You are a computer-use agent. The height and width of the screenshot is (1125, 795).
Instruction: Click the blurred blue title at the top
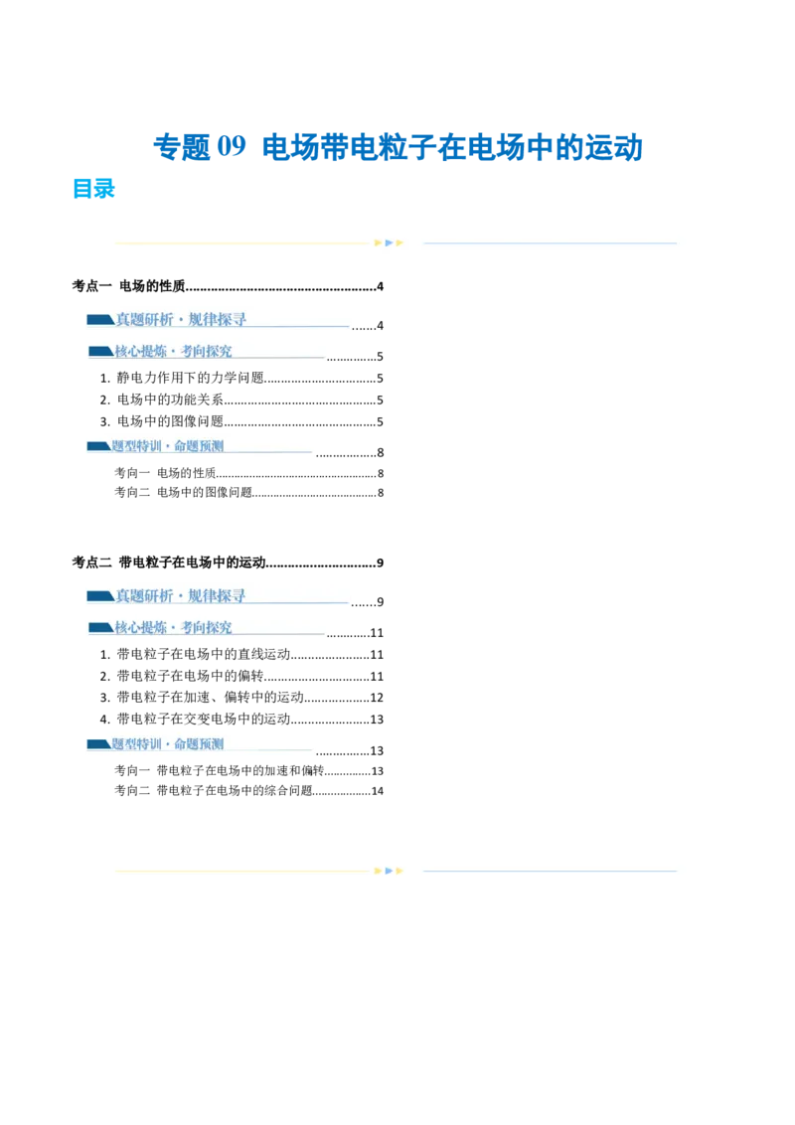397,147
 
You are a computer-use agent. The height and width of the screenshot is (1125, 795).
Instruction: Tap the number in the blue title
232,147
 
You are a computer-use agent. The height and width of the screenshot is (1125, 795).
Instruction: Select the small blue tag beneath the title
94,190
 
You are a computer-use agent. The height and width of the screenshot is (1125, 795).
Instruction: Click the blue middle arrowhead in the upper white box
390,242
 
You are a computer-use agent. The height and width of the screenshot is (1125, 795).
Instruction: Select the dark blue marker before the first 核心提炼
99,351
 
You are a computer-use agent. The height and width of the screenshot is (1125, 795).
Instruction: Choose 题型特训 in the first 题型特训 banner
139,446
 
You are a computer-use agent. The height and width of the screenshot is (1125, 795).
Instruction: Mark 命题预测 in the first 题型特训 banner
198,446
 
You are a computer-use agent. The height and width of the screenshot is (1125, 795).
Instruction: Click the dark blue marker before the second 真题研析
99,596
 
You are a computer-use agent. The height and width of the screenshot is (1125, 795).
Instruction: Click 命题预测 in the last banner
198,743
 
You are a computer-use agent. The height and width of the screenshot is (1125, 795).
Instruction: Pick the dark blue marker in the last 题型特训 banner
97,743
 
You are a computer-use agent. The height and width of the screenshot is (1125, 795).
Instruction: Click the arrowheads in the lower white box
390,871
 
